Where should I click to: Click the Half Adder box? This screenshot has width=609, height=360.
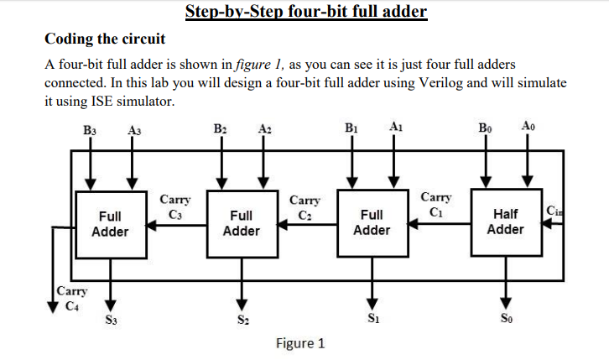pos(505,222)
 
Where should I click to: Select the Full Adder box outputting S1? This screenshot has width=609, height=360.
pos(372,222)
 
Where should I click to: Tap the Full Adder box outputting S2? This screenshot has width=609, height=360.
pos(241,222)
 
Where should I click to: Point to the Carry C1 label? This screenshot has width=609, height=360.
pos(436,204)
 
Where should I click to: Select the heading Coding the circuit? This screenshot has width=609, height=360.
pos(105,39)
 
